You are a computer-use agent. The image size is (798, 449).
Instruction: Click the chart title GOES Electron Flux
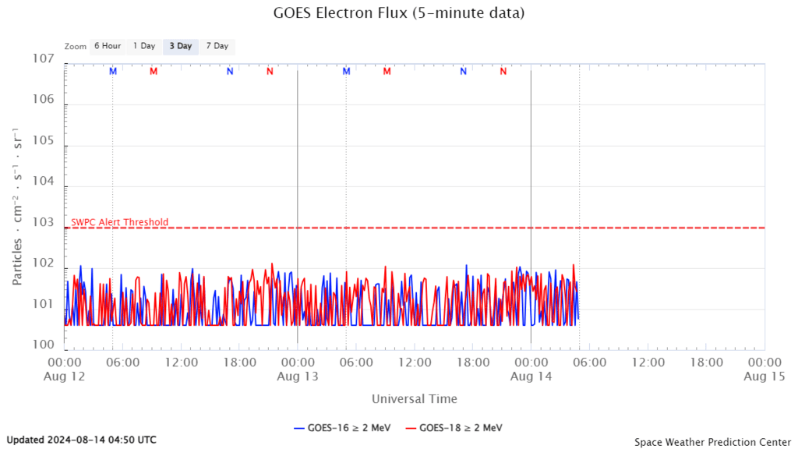pyautogui.click(x=398, y=13)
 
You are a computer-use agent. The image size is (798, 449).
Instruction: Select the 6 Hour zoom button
pyautogui.click(x=108, y=46)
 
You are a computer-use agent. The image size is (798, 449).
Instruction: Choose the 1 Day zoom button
pyautogui.click(x=144, y=46)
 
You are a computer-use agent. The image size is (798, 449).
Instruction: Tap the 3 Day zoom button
pyautogui.click(x=181, y=46)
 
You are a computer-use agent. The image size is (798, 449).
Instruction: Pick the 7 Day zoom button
pyautogui.click(x=217, y=46)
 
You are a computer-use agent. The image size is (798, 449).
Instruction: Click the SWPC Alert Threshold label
pyautogui.click(x=119, y=222)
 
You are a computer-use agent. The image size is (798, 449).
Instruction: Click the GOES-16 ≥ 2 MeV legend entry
pyautogui.click(x=342, y=427)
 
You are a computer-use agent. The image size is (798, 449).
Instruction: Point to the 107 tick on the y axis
pyautogui.click(x=43, y=59)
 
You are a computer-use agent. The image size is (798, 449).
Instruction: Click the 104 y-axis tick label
pyautogui.click(x=43, y=181)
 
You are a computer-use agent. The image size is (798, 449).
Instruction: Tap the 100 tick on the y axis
pyautogui.click(x=43, y=345)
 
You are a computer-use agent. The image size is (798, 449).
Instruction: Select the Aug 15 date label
pyautogui.click(x=763, y=376)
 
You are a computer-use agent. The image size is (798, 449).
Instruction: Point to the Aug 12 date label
pyautogui.click(x=65, y=376)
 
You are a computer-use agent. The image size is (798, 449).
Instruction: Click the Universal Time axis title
pyautogui.click(x=414, y=399)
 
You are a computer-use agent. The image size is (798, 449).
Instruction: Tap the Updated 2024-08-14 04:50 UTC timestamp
pyautogui.click(x=82, y=440)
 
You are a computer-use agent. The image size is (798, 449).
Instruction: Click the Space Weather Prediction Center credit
pyautogui.click(x=711, y=442)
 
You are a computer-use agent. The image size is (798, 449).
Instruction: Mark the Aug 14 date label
pyautogui.click(x=531, y=376)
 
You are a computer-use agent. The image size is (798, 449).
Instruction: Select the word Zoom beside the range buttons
pyautogui.click(x=76, y=47)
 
